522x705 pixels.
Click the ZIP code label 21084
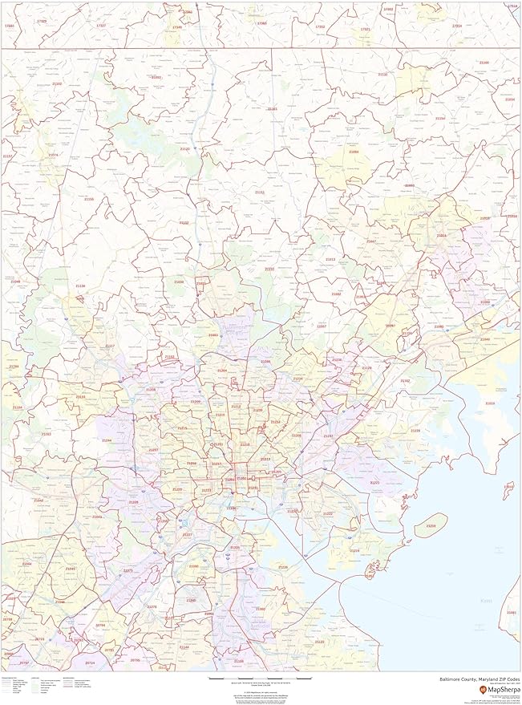pyautogui.click(x=354, y=152)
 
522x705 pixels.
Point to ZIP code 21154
pyautogui.click(x=439, y=118)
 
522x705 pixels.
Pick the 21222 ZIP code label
pyautogui.click(x=327, y=514)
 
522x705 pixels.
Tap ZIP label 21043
pyautogui.click(x=70, y=569)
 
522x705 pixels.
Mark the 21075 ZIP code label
pyautogui.click(x=127, y=571)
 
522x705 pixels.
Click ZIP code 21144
pyautogui.click(x=184, y=646)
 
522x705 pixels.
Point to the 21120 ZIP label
pyautogui.click(x=184, y=149)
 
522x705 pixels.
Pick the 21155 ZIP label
pyautogui.click(x=89, y=199)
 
